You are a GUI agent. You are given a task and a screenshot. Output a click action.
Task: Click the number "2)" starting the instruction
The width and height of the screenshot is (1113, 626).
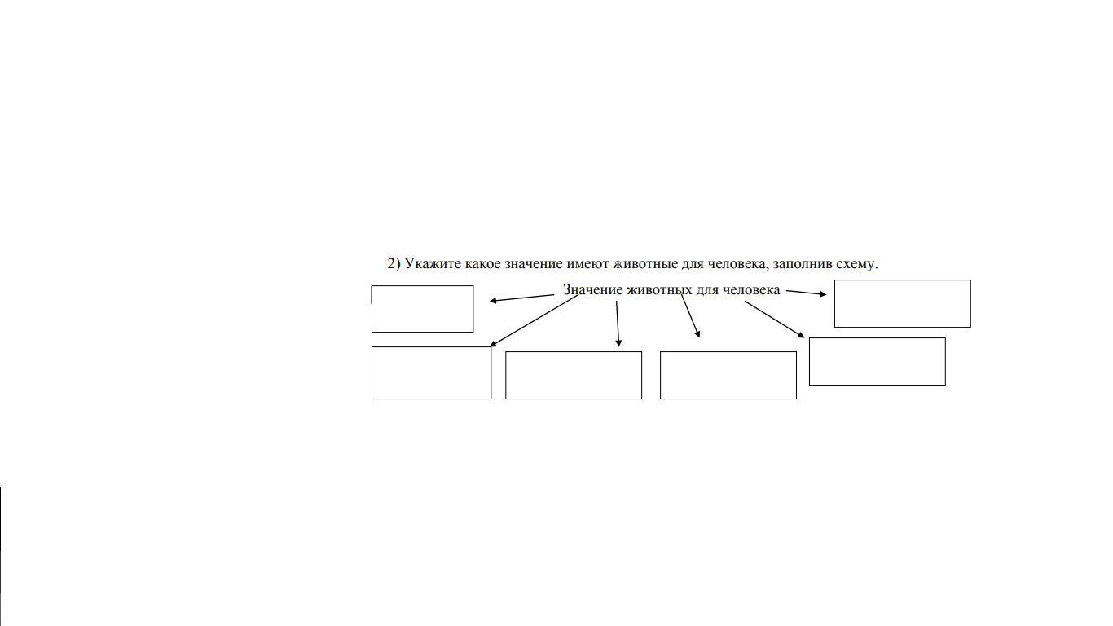(x=394, y=264)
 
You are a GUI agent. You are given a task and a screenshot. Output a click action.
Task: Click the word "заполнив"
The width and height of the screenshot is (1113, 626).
(x=802, y=264)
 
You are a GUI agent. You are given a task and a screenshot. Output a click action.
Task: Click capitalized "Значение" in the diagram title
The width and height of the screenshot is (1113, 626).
(x=592, y=290)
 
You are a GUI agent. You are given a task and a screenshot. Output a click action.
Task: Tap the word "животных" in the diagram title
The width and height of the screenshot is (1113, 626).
(x=659, y=290)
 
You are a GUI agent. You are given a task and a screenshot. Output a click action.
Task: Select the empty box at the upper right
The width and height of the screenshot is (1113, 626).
(x=902, y=303)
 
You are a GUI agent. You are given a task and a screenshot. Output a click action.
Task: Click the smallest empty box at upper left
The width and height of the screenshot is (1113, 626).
(x=422, y=309)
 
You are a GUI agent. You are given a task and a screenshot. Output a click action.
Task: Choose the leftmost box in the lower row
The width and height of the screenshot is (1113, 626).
(x=431, y=373)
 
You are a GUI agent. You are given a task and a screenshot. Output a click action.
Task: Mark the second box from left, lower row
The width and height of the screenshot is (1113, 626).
(x=574, y=375)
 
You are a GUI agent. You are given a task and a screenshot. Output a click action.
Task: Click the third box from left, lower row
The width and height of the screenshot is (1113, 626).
(x=728, y=375)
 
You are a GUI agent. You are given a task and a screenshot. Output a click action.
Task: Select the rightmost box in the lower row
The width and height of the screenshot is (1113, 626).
(x=877, y=361)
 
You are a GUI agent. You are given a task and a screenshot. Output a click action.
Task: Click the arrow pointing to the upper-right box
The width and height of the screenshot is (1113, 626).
(x=806, y=293)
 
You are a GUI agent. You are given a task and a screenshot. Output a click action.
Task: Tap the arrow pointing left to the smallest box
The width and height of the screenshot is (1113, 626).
(x=521, y=298)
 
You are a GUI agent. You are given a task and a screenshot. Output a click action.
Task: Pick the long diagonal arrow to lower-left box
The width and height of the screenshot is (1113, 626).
(x=534, y=320)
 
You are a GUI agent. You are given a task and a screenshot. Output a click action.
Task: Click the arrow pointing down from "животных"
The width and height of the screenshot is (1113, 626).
(x=618, y=324)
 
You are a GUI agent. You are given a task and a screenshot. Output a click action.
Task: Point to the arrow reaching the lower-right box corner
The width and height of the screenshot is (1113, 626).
(x=774, y=319)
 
